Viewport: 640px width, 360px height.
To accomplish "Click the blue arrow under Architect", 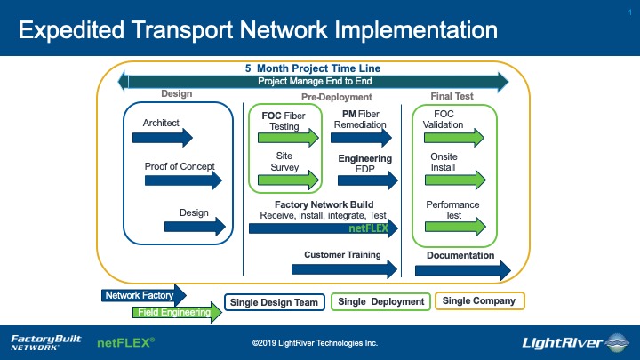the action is point(163,138).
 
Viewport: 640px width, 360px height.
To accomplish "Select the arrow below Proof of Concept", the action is point(183,180).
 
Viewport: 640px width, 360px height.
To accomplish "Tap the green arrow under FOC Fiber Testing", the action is point(288,138).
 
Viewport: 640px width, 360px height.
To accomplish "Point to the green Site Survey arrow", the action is point(288,180).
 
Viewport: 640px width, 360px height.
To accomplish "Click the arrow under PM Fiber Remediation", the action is point(361,138).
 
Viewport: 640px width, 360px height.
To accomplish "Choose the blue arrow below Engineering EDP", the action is point(368,180).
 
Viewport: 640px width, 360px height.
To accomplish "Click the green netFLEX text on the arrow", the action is point(368,228).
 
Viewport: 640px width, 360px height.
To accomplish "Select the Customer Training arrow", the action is point(345,269).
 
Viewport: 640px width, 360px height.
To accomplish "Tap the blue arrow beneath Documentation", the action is point(463,270).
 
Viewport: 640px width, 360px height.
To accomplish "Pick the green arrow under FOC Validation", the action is point(454,138).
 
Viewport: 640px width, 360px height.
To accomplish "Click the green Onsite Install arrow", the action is point(455,180).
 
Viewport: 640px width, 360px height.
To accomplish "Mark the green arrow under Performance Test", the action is point(455,227).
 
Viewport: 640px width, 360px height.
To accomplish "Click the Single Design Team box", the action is point(275,302).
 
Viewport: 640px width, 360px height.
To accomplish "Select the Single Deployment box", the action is point(380,301).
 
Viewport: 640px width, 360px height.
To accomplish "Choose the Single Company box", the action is point(480,300).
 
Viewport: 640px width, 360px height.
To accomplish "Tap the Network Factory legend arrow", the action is point(144,295).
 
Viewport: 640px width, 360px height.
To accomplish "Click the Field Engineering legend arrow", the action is point(177,312).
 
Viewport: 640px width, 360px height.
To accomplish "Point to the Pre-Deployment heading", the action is point(337,97).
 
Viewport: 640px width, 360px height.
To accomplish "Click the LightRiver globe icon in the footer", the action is point(617,342).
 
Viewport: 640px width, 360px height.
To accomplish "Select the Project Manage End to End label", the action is point(315,81).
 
